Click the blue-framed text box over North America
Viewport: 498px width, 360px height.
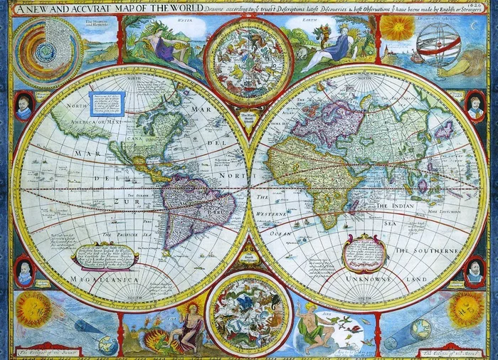click(110, 104)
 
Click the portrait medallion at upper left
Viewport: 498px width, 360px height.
click(23, 106)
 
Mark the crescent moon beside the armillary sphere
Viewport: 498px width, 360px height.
click(475, 26)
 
